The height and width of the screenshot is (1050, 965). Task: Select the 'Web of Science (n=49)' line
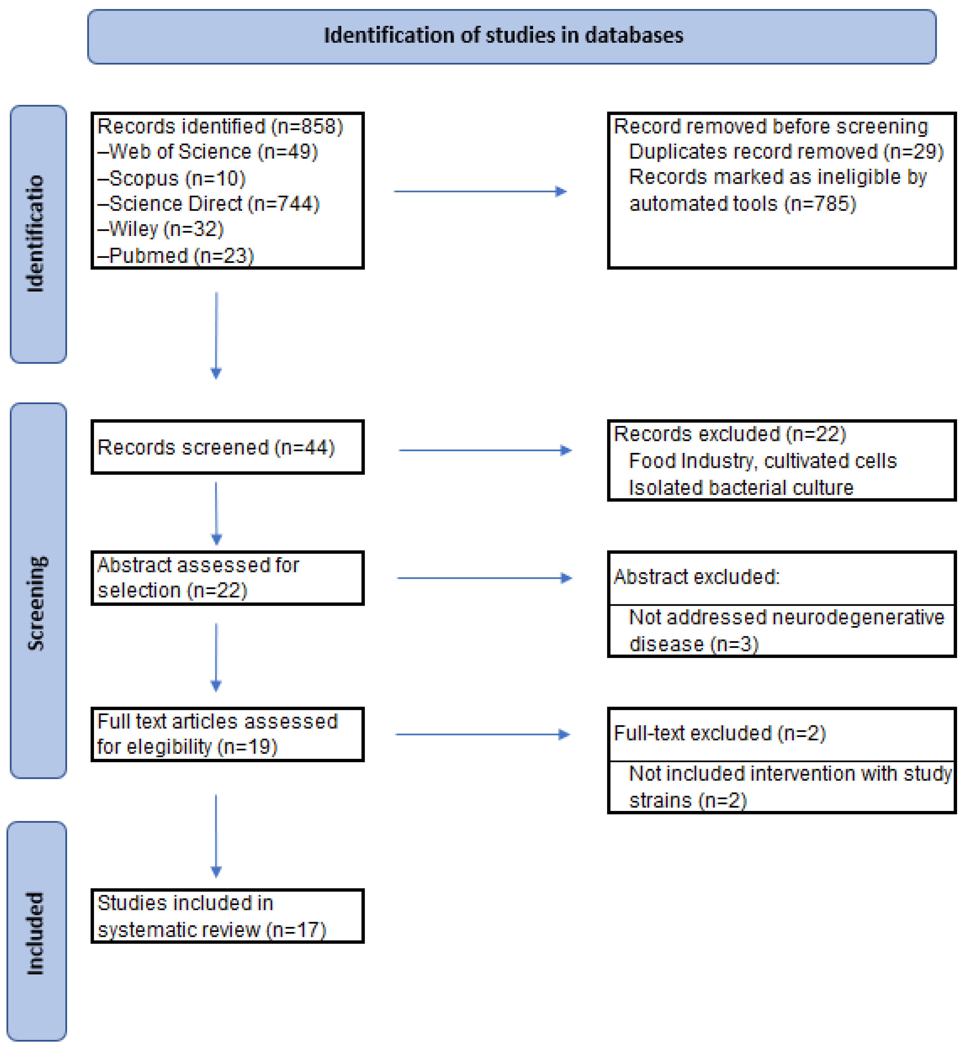click(208, 152)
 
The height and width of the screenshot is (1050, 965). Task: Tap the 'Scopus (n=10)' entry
click(172, 178)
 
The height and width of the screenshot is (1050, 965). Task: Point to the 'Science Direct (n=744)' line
click(209, 204)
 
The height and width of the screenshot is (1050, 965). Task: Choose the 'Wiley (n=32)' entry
click(161, 229)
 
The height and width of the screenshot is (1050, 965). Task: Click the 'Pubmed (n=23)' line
click(176, 256)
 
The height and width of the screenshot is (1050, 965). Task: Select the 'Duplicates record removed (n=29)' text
click(786, 152)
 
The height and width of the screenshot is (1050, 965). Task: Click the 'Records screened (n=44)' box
click(227, 447)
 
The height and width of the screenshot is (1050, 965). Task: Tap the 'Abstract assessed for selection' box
click(227, 578)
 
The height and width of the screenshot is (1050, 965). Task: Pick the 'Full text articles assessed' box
click(227, 734)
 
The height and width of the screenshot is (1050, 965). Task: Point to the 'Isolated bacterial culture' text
click(740, 488)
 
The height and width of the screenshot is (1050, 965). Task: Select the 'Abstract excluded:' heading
click(696, 577)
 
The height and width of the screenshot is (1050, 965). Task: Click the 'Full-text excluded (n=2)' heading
click(719, 734)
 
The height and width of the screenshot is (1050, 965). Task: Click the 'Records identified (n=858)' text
click(220, 127)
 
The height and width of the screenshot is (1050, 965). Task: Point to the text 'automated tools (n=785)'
click(742, 204)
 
